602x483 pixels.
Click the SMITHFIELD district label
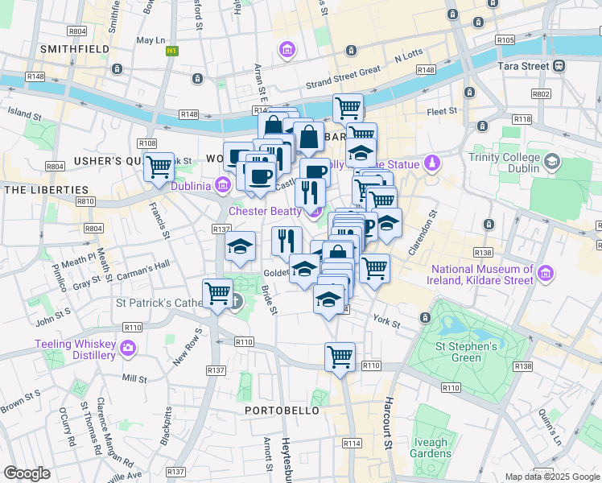[x=75, y=49]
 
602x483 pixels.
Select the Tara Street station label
[x=524, y=65]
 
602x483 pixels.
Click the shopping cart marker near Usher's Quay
[x=159, y=167]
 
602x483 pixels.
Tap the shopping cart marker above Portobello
[x=340, y=357]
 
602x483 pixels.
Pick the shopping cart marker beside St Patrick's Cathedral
[x=217, y=293]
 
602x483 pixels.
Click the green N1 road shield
[x=171, y=51]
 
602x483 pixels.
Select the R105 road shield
[x=505, y=39]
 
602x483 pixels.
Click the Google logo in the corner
[x=27, y=473]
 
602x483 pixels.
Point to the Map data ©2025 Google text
[x=551, y=477]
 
